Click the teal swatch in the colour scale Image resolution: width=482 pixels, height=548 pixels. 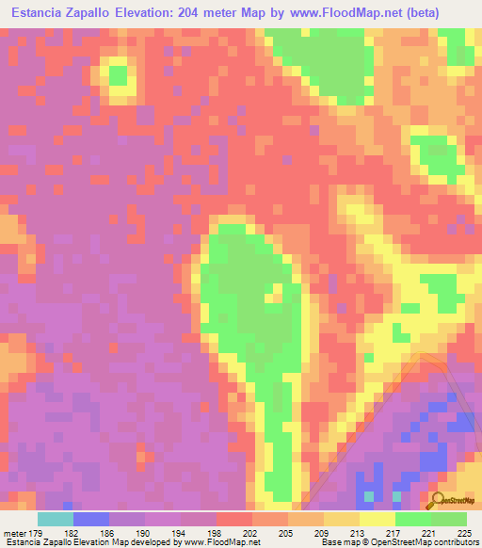click(x=56, y=519)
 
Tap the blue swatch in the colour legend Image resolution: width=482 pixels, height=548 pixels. click(x=91, y=519)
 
